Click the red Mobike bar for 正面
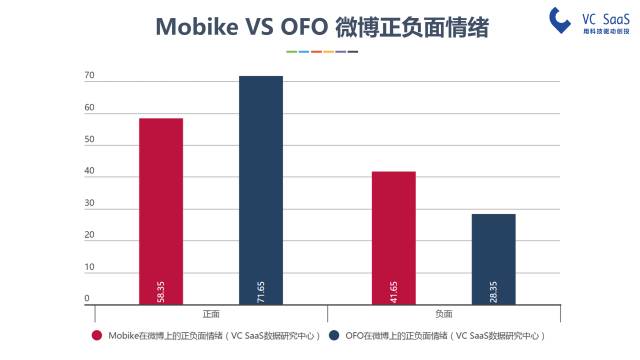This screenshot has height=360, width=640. (x=161, y=210)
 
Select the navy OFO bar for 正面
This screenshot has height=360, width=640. (x=261, y=190)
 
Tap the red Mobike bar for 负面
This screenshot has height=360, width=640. (x=393, y=237)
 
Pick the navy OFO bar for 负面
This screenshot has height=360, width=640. (x=494, y=258)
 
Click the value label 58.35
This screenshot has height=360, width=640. (x=161, y=290)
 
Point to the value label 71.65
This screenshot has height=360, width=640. (x=261, y=290)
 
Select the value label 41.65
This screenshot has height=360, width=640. (x=393, y=290)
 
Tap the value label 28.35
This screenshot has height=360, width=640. (x=494, y=290)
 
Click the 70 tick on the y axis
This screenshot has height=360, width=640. (x=89, y=76)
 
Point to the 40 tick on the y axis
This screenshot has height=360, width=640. (x=89, y=172)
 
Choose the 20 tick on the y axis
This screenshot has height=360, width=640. (x=89, y=236)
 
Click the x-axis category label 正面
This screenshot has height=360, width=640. (x=211, y=314)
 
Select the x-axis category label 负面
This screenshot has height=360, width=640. (x=443, y=314)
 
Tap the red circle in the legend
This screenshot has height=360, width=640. (x=97, y=336)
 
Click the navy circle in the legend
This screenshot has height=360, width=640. (x=334, y=336)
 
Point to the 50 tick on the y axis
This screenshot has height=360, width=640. (x=89, y=140)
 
